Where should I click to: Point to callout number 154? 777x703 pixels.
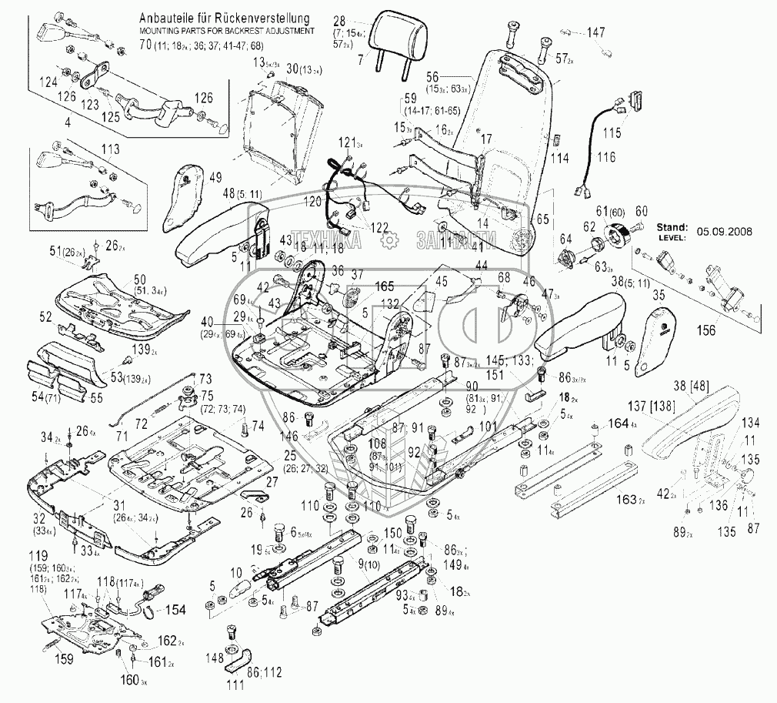click(176, 610)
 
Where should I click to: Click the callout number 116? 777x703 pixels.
click(607, 158)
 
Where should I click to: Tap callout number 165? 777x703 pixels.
click(363, 286)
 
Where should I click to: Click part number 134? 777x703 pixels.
click(750, 422)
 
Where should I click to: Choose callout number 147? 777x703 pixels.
click(596, 32)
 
